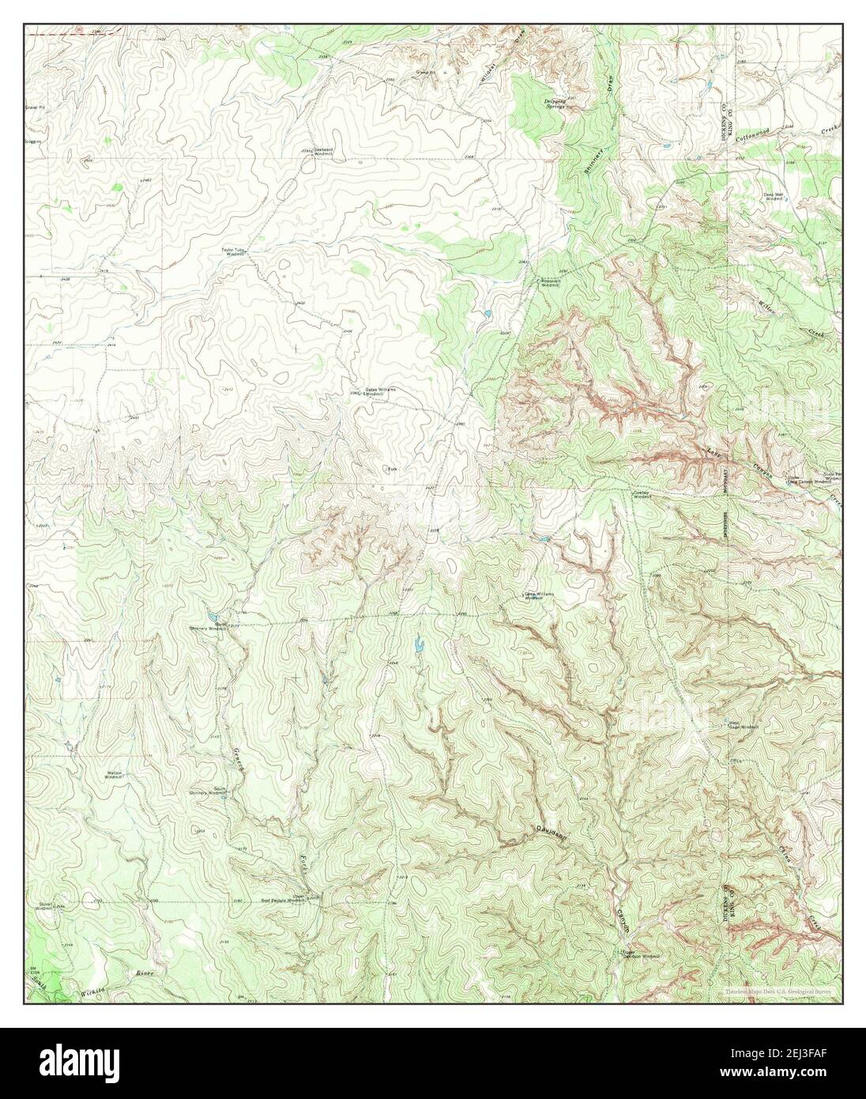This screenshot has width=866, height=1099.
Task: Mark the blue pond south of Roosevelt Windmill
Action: click(484, 314)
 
